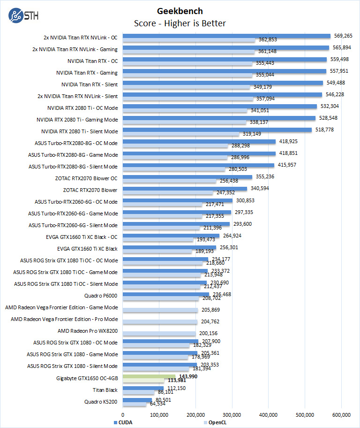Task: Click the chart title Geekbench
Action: [x=180, y=11]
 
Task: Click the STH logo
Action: [x=23, y=15]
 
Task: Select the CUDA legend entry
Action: [x=123, y=422]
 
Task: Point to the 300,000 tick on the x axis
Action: [x=232, y=414]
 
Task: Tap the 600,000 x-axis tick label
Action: [x=341, y=414]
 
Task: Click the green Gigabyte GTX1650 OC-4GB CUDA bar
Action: [x=149, y=376]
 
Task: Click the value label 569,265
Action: [x=343, y=35]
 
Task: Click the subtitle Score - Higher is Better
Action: [x=180, y=23]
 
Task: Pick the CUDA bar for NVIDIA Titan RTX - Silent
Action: [x=223, y=83]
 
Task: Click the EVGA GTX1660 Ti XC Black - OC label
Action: [x=87, y=237]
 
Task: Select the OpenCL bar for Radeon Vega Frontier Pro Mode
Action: [x=160, y=321]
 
